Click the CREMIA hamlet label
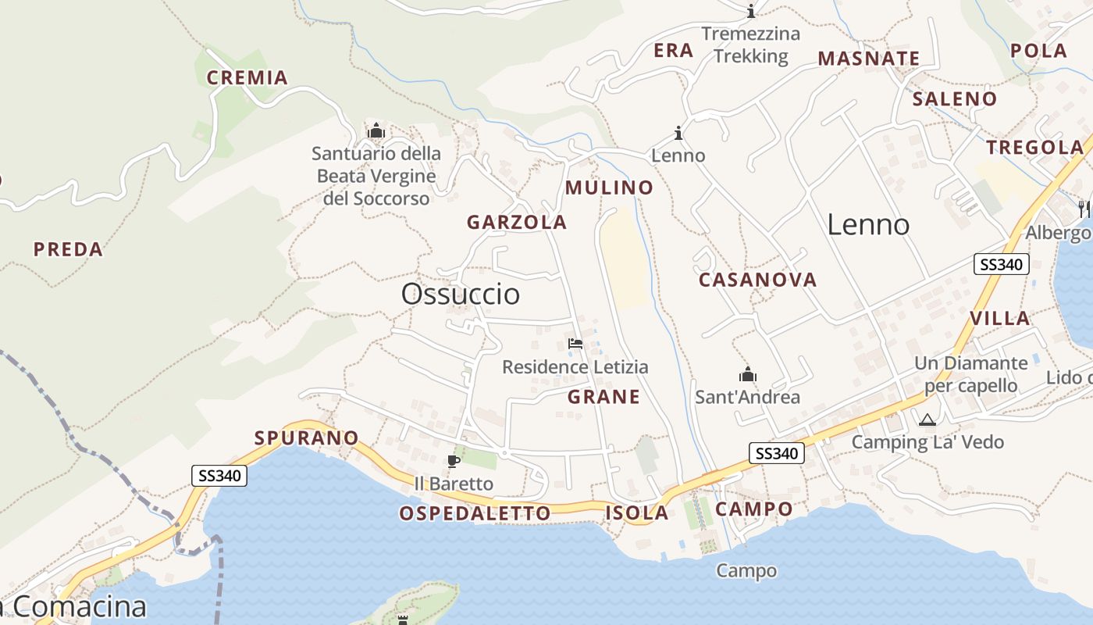pyautogui.click(x=247, y=77)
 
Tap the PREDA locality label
pyautogui.click(x=68, y=249)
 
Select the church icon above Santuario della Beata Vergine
pyautogui.click(x=376, y=130)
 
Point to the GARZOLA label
pyautogui.click(x=516, y=222)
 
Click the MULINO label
pyautogui.click(x=609, y=187)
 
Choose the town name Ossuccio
pyautogui.click(x=460, y=294)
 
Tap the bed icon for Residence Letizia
pyautogui.click(x=575, y=344)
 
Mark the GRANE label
pyautogui.click(x=603, y=397)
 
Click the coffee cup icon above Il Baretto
pyautogui.click(x=453, y=461)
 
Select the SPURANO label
pyautogui.click(x=306, y=438)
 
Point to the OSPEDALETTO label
pyautogui.click(x=475, y=513)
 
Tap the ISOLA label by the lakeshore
pyautogui.click(x=637, y=513)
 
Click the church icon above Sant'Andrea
pyautogui.click(x=748, y=375)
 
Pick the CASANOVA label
pyautogui.click(x=757, y=280)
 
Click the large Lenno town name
pyautogui.click(x=868, y=225)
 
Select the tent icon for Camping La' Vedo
pyautogui.click(x=927, y=420)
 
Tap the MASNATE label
pyautogui.click(x=868, y=59)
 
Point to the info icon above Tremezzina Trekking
pyautogui.click(x=751, y=11)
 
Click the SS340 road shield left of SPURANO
pyautogui.click(x=219, y=475)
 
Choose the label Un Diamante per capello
pyautogui.click(x=970, y=374)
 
